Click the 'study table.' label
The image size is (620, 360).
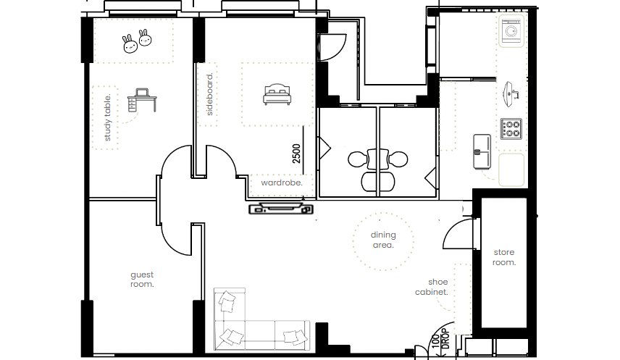[107, 117]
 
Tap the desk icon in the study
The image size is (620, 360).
[142, 100]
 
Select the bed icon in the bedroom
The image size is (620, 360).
[277, 94]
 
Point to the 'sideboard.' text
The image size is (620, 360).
[209, 94]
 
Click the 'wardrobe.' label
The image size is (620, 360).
[282, 183]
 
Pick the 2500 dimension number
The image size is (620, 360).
[296, 154]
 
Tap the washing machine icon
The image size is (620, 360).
[511, 31]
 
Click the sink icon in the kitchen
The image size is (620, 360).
[511, 94]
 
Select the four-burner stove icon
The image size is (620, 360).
[511, 129]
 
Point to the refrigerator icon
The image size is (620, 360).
[482, 151]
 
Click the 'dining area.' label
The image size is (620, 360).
[383, 240]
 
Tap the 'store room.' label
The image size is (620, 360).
[504, 257]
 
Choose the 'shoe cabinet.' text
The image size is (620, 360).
[432, 287]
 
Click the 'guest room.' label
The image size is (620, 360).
[142, 280]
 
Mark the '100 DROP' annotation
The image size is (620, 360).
[440, 339]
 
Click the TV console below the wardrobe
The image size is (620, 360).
[281, 209]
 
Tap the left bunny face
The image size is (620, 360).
[130, 44]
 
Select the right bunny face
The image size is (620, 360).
[145, 38]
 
